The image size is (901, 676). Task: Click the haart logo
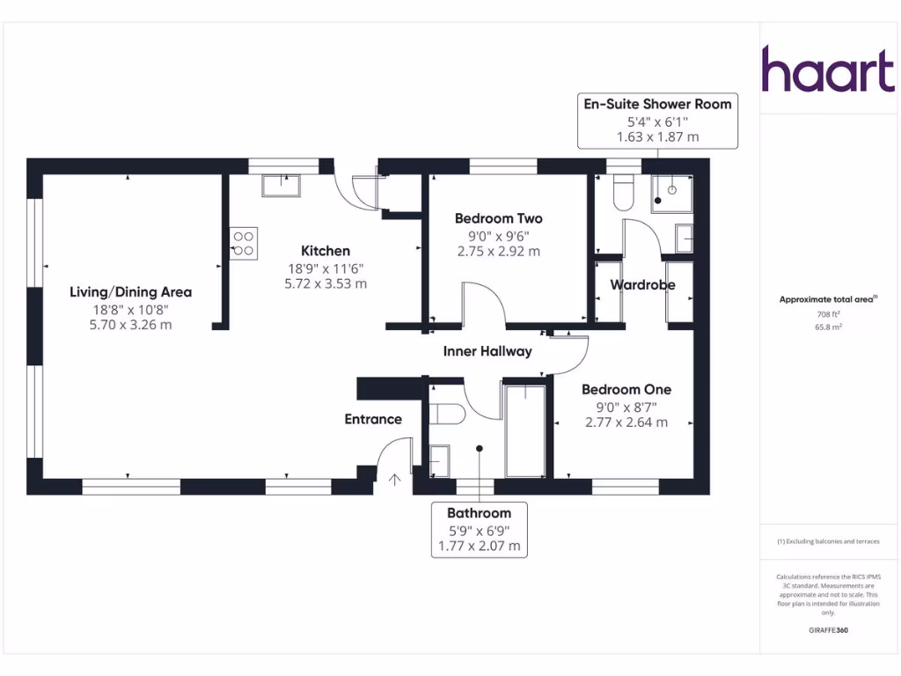827,70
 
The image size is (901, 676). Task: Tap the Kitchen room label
326,251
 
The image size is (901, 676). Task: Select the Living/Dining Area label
131,292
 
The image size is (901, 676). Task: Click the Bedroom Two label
498,218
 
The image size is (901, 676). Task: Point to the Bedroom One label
626,389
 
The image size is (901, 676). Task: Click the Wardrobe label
642,285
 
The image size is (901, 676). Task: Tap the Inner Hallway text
487,351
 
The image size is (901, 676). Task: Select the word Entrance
373,419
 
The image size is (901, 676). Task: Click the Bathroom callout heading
479,512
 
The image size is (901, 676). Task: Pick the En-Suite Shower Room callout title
657,104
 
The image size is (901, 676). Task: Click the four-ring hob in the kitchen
244,242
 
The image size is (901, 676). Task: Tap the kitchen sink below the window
282,185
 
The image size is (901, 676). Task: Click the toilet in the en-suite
623,194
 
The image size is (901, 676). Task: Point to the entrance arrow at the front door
394,480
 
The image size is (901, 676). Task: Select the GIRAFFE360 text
827,630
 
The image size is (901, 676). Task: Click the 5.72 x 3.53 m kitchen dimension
326,283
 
